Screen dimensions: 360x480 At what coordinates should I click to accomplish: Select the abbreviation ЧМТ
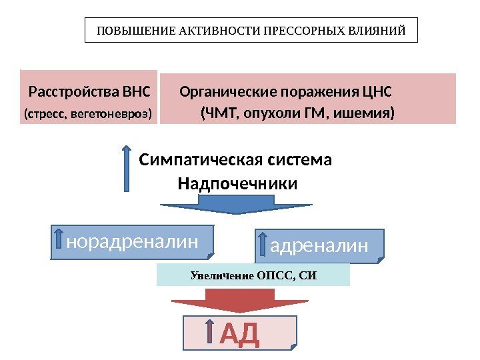[x=221, y=113]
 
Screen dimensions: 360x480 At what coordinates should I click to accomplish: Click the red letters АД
[x=239, y=333]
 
